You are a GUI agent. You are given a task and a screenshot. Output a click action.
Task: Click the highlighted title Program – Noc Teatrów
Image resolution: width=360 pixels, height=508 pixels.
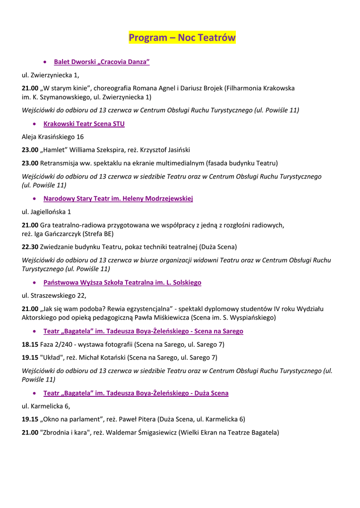click(182, 38)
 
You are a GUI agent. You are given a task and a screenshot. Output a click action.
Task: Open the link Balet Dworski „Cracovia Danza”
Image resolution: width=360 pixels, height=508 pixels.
click(102, 62)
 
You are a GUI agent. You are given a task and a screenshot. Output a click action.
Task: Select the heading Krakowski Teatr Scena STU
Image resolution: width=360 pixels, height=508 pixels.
click(84, 124)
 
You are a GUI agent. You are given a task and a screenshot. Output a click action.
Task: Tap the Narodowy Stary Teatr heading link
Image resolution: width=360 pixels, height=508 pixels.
click(118, 199)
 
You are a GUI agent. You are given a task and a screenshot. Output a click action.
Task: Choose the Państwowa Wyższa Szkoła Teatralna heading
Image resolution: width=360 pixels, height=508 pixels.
click(122, 283)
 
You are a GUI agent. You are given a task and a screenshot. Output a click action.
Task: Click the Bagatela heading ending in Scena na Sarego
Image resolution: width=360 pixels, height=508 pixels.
click(143, 331)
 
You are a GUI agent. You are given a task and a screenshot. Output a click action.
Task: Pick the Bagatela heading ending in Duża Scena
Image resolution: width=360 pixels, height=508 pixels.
click(136, 393)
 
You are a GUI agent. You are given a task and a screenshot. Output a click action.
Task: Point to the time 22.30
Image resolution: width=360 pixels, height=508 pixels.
click(30, 247)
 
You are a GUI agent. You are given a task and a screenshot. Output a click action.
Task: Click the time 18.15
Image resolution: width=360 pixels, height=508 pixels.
click(30, 344)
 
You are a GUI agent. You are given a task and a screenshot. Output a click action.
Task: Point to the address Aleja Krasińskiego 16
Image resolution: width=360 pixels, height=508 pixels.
click(53, 137)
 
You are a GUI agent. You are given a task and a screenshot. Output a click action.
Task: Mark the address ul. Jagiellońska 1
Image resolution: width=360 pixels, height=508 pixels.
click(47, 212)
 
